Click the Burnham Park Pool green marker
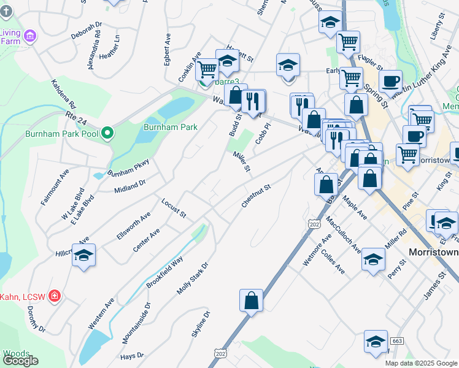pyautogui.click(x=107, y=132)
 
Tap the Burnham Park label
pyautogui.click(x=161, y=127)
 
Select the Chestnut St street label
pyautogui.click(x=256, y=195)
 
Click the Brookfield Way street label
pyautogui.click(x=164, y=272)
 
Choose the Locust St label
pyautogui.click(x=173, y=208)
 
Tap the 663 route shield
pyautogui.click(x=397, y=340)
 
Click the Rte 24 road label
pyautogui.click(x=77, y=115)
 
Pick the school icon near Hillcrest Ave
pyautogui.click(x=84, y=255)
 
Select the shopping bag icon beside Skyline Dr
pyautogui.click(x=251, y=301)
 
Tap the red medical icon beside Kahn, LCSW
pyautogui.click(x=55, y=297)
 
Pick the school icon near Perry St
pyautogui.click(x=373, y=259)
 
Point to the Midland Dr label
pyautogui.click(x=129, y=186)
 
